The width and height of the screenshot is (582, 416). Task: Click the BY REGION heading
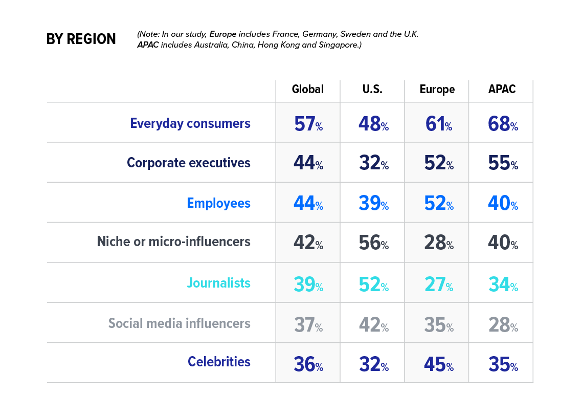[x=81, y=39]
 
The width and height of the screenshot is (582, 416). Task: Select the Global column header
[x=307, y=90]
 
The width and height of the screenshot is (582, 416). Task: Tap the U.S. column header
[x=372, y=90]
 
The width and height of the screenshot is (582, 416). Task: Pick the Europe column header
[x=437, y=90]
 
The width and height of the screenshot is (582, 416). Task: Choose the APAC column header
[x=501, y=90]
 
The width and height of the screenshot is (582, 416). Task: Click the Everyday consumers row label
[x=190, y=123]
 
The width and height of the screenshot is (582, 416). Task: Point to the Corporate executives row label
[x=188, y=163]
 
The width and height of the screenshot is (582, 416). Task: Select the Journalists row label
[x=218, y=283]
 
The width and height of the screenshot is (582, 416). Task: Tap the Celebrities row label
[x=219, y=362]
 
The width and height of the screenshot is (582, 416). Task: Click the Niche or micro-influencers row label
[x=173, y=242]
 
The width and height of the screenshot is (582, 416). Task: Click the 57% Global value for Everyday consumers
[x=308, y=124]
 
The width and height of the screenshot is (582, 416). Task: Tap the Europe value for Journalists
[x=437, y=284]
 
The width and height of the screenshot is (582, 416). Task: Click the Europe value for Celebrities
[x=437, y=364]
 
